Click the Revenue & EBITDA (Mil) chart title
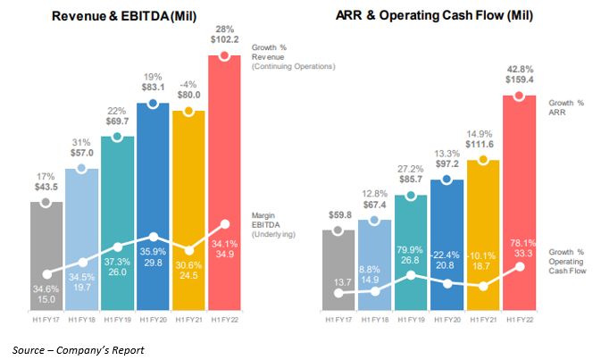[131, 17]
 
